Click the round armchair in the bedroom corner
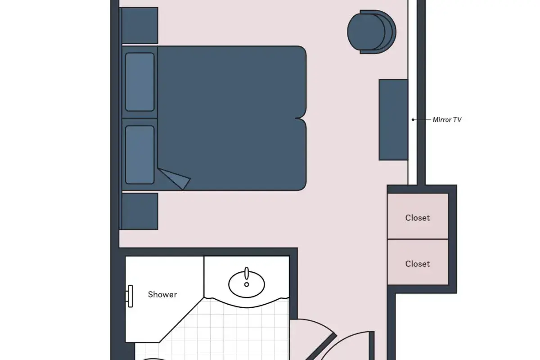[372, 32]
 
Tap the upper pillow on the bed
[140, 82]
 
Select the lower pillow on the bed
[140, 155]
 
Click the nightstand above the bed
[140, 25]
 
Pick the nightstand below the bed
[140, 211]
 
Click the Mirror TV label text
[447, 120]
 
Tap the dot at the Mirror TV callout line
[413, 120]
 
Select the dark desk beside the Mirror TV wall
[393, 120]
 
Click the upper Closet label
[418, 218]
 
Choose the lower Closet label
[418, 264]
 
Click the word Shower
[162, 294]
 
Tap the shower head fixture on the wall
[130, 297]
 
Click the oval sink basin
[247, 284]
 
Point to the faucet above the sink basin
[247, 273]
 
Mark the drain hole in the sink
[247, 284]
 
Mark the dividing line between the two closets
[418, 239]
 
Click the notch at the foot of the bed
[299, 118]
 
